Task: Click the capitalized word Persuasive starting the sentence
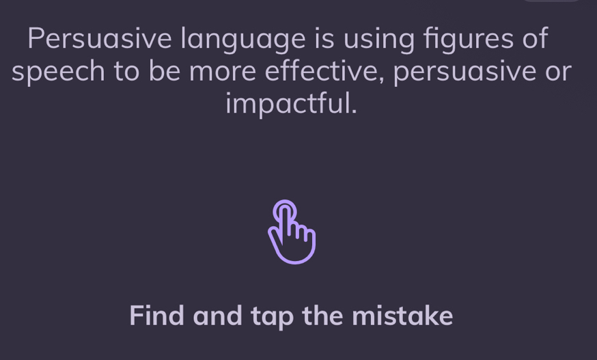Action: [99, 38]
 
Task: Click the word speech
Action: [58, 72]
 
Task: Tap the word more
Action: [223, 71]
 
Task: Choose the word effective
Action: [324, 71]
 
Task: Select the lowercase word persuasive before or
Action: [464, 72]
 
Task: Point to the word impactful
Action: [292, 104]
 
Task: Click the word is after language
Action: [324, 38]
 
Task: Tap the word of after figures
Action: [535, 38]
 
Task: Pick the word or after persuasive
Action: [558, 72]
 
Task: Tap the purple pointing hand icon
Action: [292, 232]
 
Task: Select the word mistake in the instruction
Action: [402, 316]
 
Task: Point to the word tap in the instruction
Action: [273, 318]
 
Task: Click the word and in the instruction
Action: [217, 316]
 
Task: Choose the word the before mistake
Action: [323, 316]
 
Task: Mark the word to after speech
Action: [126, 71]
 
